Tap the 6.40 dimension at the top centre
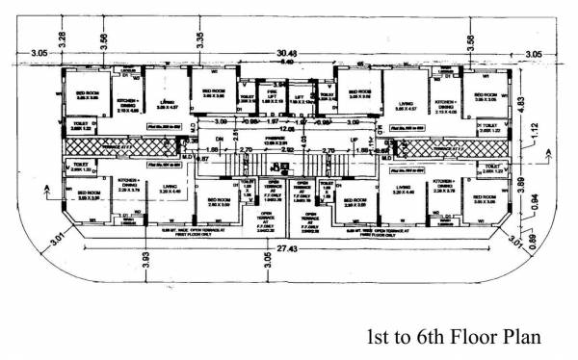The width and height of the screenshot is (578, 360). tap(287, 62)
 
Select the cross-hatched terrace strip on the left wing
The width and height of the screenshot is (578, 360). tap(119, 145)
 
